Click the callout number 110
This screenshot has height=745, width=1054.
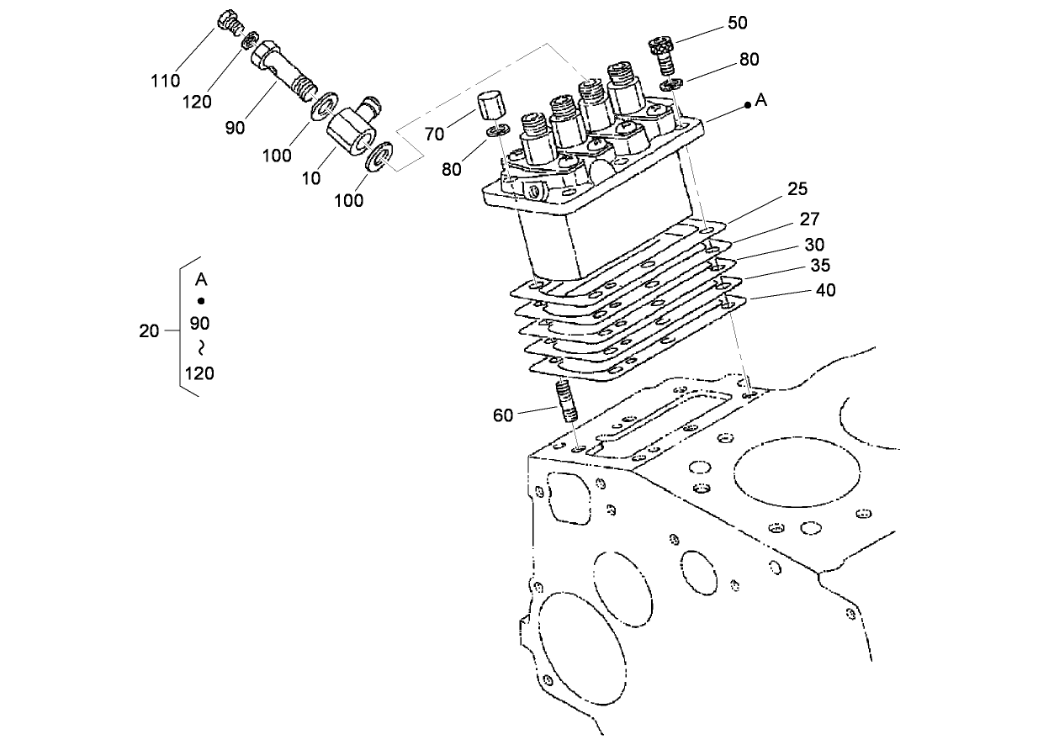click(x=166, y=81)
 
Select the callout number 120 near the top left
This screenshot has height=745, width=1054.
click(x=197, y=103)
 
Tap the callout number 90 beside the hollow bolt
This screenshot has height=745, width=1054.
click(x=235, y=127)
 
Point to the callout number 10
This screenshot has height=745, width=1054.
click(x=311, y=177)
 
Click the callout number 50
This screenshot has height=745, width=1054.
click(x=738, y=23)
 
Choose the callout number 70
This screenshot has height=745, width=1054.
click(x=434, y=133)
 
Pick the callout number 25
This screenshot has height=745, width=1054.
click(x=797, y=189)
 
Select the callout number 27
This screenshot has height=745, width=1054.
click(x=809, y=219)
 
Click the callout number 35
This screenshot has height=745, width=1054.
click(x=820, y=265)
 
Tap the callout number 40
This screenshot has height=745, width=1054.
click(x=826, y=290)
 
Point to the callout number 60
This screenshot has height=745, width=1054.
click(x=503, y=415)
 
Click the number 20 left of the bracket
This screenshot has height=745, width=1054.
click(x=149, y=331)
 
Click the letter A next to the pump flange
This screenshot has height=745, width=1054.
click(x=761, y=100)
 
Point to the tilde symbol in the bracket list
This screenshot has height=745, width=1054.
click(x=201, y=347)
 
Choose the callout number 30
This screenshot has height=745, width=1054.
click(x=814, y=245)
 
